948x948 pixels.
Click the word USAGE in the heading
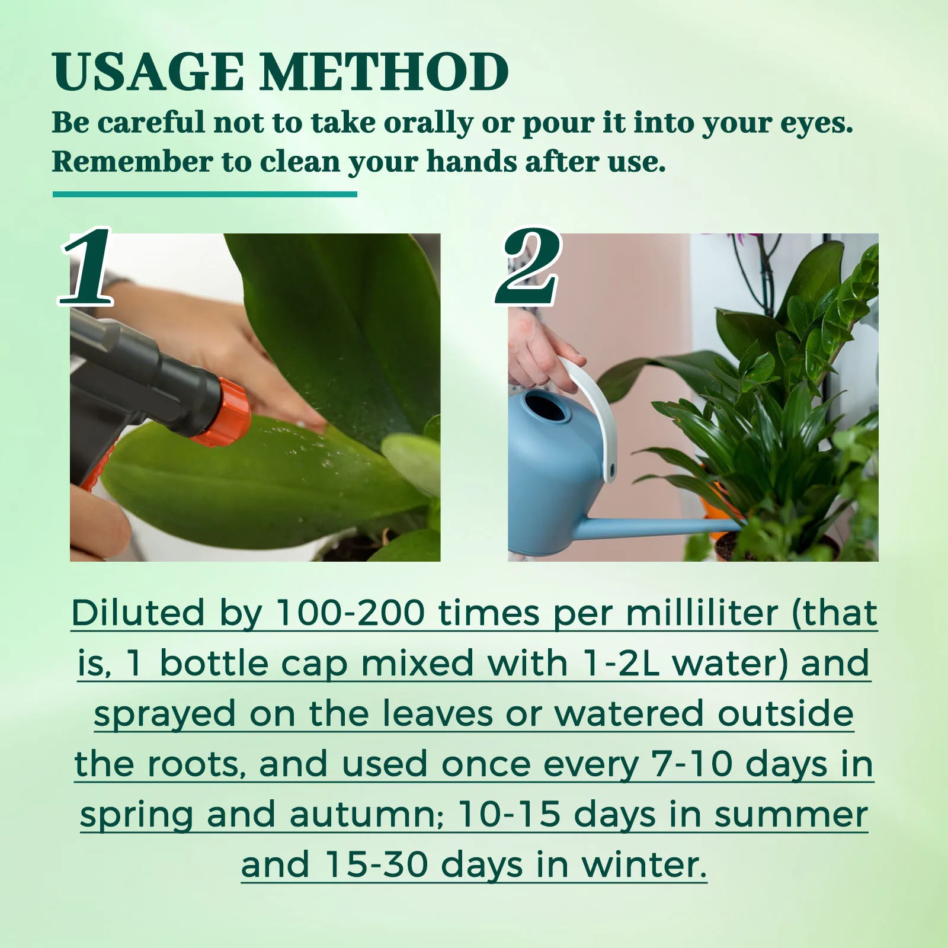pyautogui.click(x=148, y=72)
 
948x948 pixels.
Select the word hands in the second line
pyautogui.click(x=471, y=162)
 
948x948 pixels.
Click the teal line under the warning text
pyautogui.click(x=204, y=194)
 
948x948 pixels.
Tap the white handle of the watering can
pyautogui.click(x=592, y=409)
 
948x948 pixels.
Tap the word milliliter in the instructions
pyautogui.click(x=702, y=613)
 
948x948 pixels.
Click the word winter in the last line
pyautogui.click(x=644, y=865)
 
